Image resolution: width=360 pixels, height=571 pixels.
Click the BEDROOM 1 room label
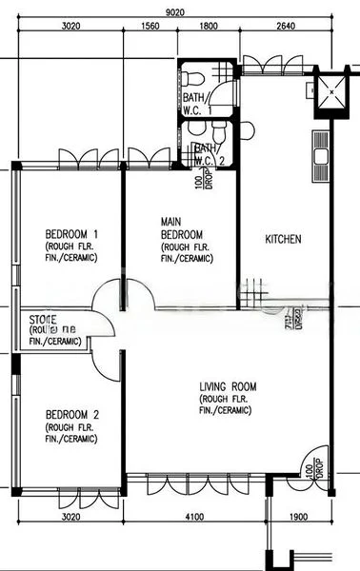(71, 234)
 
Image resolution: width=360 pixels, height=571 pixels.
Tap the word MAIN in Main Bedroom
(172, 221)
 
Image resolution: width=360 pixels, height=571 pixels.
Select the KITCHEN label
(283, 240)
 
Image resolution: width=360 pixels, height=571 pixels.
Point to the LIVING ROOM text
(229, 386)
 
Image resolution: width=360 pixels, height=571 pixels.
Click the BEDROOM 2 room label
(71, 415)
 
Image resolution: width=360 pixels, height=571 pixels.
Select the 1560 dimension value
(149, 28)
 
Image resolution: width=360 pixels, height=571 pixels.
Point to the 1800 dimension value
(209, 28)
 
